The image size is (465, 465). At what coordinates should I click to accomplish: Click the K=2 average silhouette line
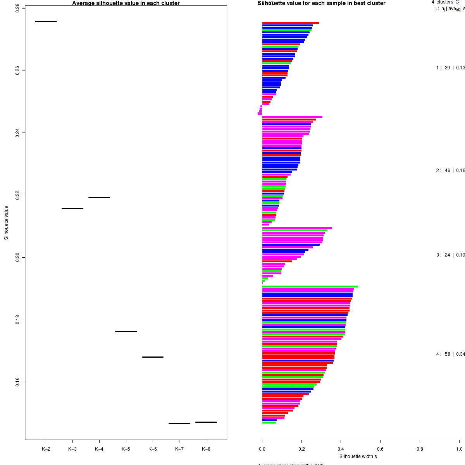(46, 21)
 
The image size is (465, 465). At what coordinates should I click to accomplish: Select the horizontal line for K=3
(72, 208)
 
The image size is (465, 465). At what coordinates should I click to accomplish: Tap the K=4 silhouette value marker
(99, 197)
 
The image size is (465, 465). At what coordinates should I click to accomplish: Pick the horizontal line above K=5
(126, 331)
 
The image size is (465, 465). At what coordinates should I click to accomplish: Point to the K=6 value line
(153, 357)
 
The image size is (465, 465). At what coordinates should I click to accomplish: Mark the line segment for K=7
(179, 424)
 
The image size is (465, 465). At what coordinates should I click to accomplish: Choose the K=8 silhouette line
(206, 422)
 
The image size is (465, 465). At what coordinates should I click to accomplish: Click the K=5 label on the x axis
(126, 449)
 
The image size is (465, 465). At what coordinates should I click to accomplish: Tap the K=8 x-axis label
(206, 449)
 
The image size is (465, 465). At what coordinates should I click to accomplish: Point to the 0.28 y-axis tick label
(17, 9)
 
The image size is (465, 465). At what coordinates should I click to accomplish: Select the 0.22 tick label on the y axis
(17, 195)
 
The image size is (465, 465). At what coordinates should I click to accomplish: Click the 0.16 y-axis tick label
(17, 382)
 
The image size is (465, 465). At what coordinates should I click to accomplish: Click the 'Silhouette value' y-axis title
(6, 223)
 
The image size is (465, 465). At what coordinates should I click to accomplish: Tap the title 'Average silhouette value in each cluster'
(126, 3)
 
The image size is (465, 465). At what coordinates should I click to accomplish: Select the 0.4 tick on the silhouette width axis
(341, 449)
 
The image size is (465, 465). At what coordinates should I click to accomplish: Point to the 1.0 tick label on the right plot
(459, 449)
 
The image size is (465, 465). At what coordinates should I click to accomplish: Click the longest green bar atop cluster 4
(310, 287)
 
